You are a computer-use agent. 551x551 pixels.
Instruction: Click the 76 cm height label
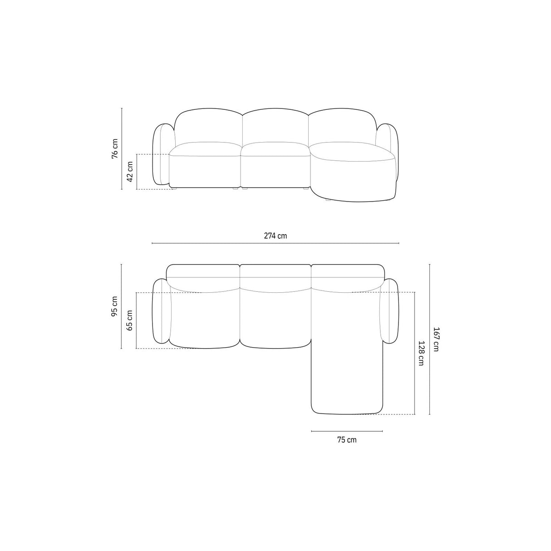tap(115, 148)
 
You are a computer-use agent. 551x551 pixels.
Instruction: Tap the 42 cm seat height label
tap(130, 172)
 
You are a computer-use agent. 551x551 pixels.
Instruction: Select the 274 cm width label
tap(275, 236)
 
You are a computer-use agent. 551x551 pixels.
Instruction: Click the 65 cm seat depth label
tap(130, 320)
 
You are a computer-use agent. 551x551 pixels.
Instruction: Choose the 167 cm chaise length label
tap(436, 339)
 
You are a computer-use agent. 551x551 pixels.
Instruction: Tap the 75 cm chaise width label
tap(347, 439)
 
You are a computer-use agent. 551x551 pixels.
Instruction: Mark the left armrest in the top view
tap(161, 311)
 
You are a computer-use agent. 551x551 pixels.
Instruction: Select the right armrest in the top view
tap(389, 310)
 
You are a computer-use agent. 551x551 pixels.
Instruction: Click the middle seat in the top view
tap(275, 318)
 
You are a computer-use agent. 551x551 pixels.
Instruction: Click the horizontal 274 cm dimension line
tap(227, 244)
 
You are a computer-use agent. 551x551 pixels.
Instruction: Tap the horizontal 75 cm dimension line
tap(347, 431)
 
